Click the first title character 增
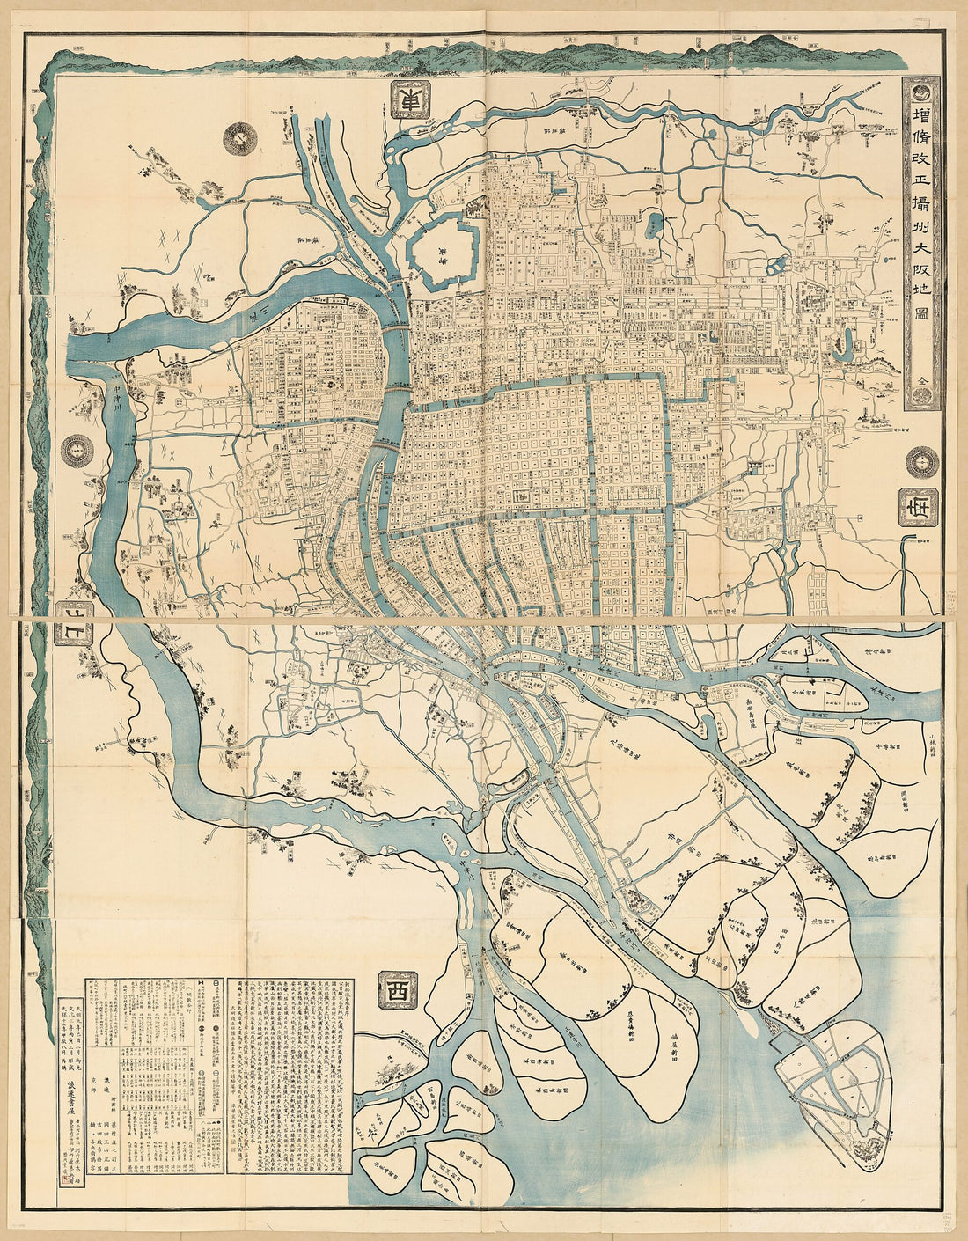pyautogui.click(x=920, y=120)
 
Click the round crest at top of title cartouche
pyautogui.click(x=920, y=90)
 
